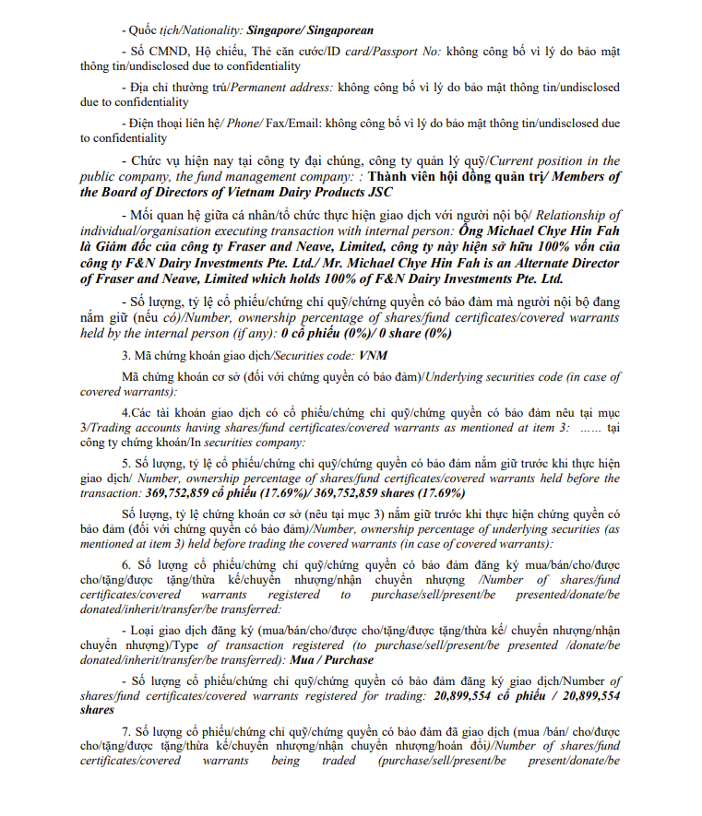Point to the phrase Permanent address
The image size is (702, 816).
pos(276,89)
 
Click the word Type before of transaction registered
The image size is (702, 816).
pos(187,645)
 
